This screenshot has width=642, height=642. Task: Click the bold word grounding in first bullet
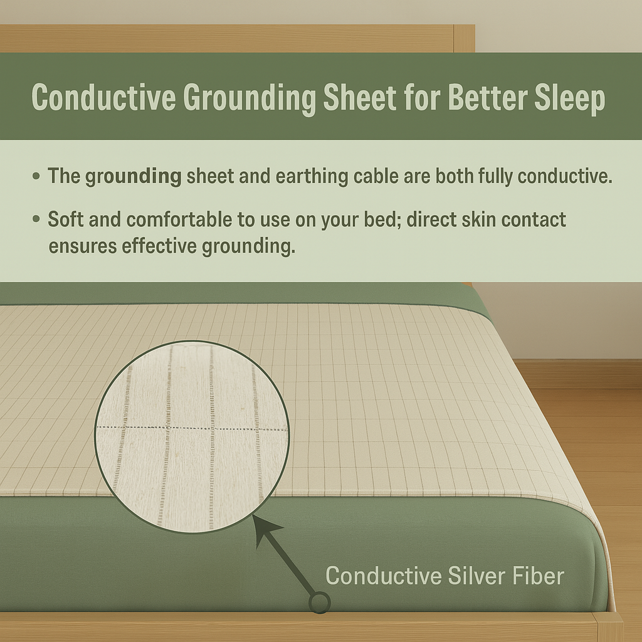[134, 176]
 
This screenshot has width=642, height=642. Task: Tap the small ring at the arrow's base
[320, 603]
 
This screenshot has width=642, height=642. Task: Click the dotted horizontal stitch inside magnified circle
[188, 428]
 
